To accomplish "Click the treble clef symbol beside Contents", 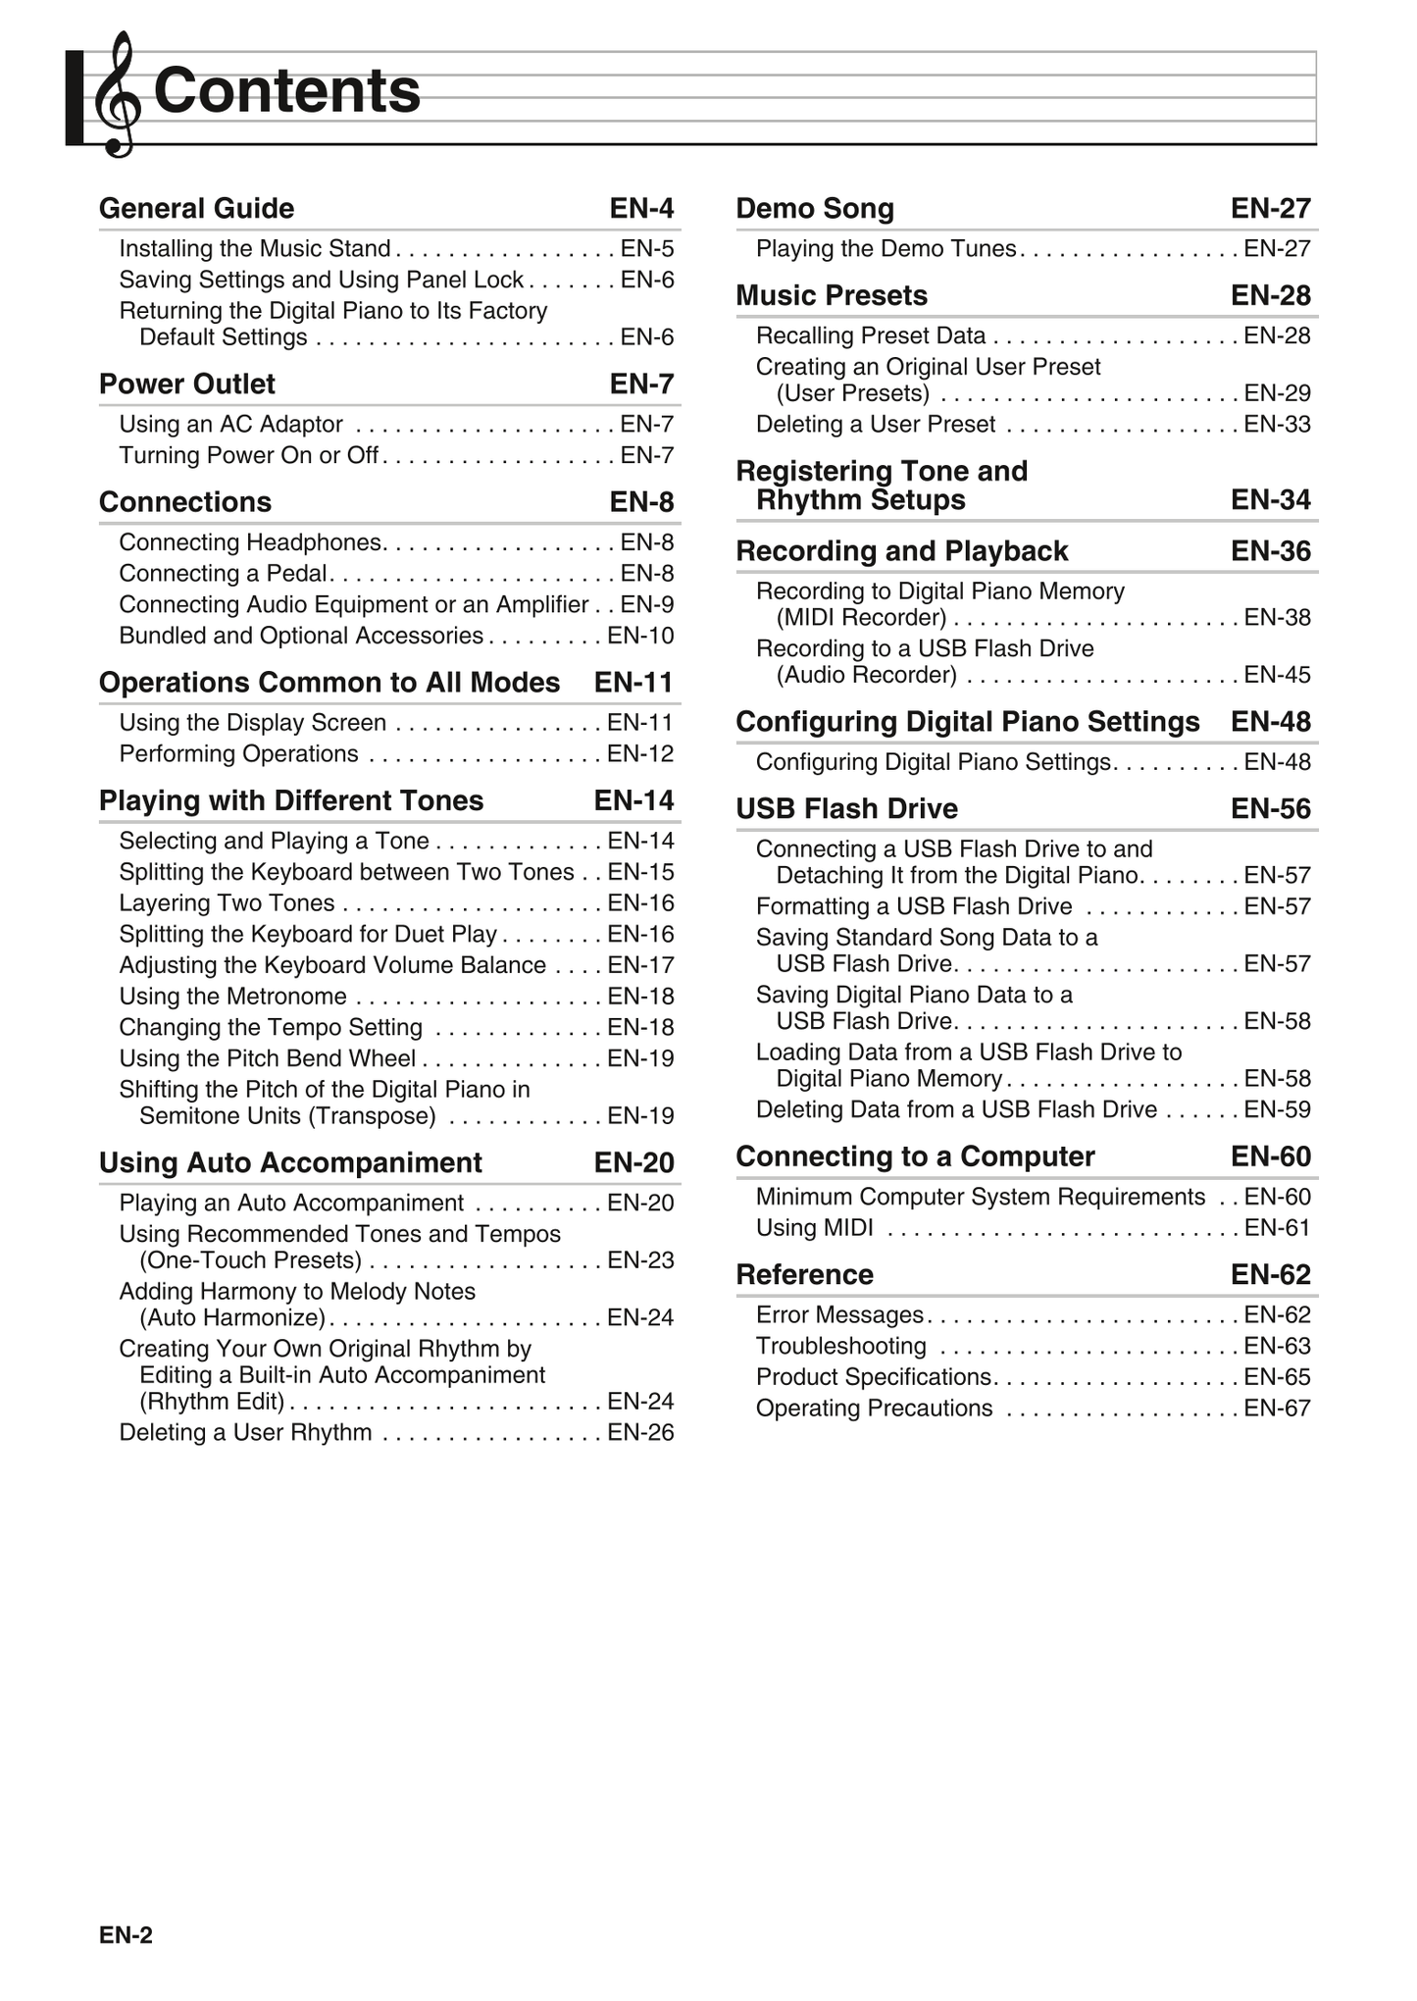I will click(117, 95).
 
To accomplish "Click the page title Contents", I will click(286, 90).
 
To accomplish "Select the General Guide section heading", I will click(196, 208).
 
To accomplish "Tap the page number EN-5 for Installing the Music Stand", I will click(647, 249).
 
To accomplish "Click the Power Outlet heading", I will click(187, 384).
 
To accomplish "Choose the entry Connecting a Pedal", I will click(223, 574).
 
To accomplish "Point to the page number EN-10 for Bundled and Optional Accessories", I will click(640, 636).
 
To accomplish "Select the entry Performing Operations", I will click(238, 754).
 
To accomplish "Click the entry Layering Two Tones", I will click(227, 903).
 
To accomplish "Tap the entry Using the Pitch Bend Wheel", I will click(267, 1058).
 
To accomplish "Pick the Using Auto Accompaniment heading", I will click(290, 1162).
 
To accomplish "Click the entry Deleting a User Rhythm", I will click(245, 1432).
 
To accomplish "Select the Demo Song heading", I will click(815, 208).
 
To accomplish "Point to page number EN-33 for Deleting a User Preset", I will click(1277, 424).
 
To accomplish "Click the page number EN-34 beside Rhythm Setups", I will click(1271, 500).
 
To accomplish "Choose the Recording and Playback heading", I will click(901, 551).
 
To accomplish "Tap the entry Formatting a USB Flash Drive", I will click(914, 906).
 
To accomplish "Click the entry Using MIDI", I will click(814, 1228).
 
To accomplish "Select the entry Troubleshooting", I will click(840, 1346).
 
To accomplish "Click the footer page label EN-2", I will click(126, 1935).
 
